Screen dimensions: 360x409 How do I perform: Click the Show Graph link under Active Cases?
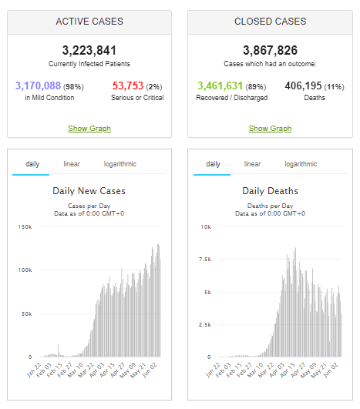pyautogui.click(x=89, y=129)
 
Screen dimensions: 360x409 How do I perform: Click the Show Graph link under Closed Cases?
pyautogui.click(x=270, y=129)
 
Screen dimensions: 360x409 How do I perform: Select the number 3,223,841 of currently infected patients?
pyautogui.click(x=89, y=50)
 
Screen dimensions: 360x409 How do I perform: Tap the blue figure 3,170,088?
pyautogui.click(x=38, y=85)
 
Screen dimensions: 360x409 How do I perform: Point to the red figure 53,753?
pyautogui.click(x=128, y=85)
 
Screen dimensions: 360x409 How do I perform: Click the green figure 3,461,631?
pyautogui.click(x=220, y=85)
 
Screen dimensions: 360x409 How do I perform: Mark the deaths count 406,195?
pyautogui.click(x=303, y=85)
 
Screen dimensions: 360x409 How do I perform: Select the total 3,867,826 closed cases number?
pyautogui.click(x=271, y=50)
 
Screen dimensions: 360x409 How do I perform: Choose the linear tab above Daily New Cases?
pyautogui.click(x=72, y=164)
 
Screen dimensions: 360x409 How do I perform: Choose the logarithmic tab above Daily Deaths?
pyautogui.click(x=301, y=164)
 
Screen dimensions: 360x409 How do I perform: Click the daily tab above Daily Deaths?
pyautogui.click(x=213, y=164)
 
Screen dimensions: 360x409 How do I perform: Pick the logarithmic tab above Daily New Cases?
pyautogui.click(x=120, y=164)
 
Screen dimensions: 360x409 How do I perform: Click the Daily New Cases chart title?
pyautogui.click(x=89, y=191)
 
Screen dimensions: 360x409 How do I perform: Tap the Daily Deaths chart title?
pyautogui.click(x=271, y=191)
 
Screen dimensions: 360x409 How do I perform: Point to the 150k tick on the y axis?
pyautogui.click(x=25, y=227)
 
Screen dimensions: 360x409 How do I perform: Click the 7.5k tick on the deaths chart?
pyautogui.click(x=205, y=260)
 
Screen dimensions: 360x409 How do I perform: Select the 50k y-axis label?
pyautogui.click(x=27, y=313)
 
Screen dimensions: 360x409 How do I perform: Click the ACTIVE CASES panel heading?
pyautogui.click(x=89, y=22)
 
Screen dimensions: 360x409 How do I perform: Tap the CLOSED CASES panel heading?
pyautogui.click(x=271, y=22)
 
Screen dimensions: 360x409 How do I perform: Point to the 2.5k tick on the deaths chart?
pyautogui.click(x=205, y=325)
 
